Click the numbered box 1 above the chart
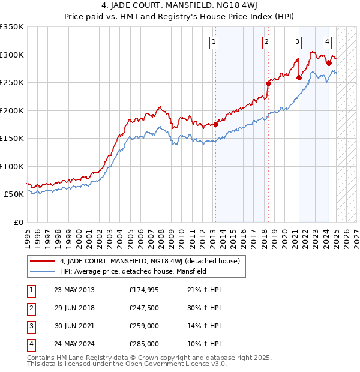point(214,42)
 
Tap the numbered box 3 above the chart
point(297,42)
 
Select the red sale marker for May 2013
point(215,125)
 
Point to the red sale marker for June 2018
point(268,84)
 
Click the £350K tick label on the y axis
point(12,27)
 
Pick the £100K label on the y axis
point(12,166)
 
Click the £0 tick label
point(18,222)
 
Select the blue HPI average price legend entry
point(133,271)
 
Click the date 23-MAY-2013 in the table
point(74,290)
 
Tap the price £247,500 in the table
point(144,308)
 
